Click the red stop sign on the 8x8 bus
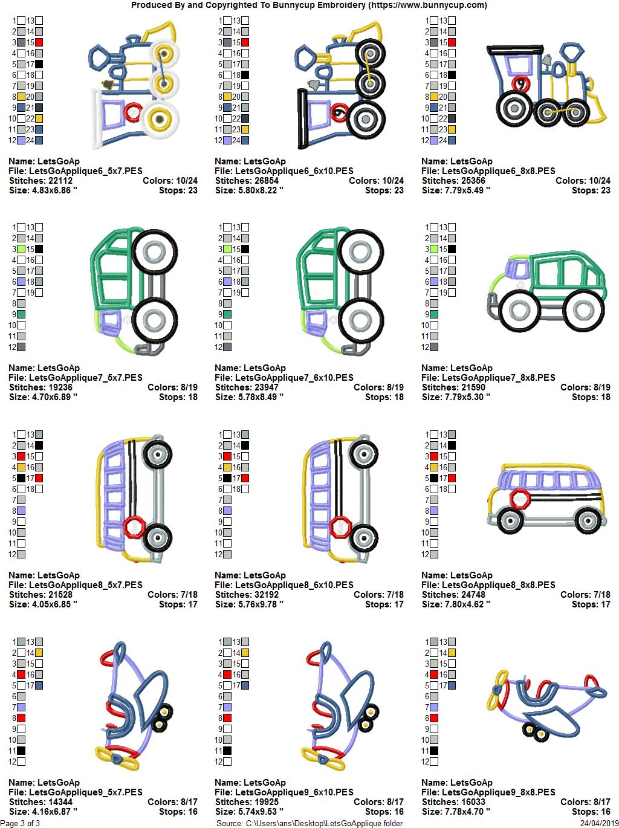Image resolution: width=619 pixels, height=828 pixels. coord(520,500)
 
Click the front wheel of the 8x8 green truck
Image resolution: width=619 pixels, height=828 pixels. coord(519,309)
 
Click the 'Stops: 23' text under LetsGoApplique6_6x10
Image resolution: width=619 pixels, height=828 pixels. coord(384,190)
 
